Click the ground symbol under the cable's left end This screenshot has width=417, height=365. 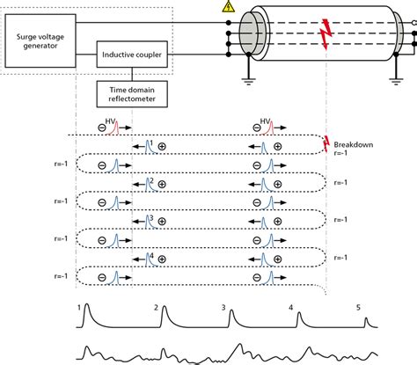click(x=250, y=80)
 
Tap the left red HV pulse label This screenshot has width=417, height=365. click(x=111, y=123)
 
